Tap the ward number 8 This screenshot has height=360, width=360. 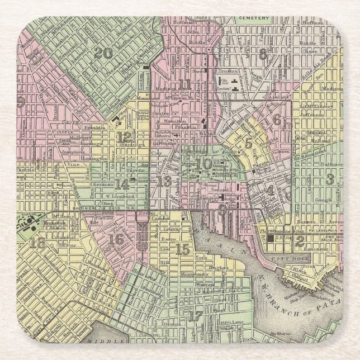click(x=263, y=54)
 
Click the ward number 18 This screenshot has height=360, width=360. click(x=38, y=242)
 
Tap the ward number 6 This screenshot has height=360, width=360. click(x=276, y=119)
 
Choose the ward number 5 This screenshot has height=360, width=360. click(x=248, y=143)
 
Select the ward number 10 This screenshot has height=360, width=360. click(x=203, y=164)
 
